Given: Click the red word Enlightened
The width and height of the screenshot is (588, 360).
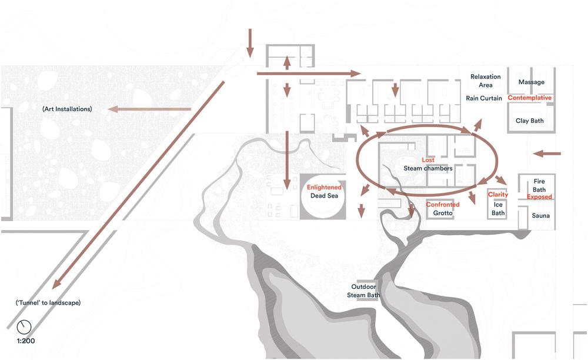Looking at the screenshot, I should [324, 188].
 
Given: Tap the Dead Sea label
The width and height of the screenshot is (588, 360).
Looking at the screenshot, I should [324, 196].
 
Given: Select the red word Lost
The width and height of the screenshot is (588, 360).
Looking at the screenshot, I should [428, 160].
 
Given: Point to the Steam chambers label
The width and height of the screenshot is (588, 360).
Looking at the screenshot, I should [428, 168].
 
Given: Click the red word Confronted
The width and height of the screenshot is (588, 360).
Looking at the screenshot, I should [443, 205].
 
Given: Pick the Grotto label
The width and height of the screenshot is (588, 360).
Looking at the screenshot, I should [442, 213].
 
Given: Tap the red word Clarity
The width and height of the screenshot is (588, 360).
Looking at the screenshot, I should [498, 195].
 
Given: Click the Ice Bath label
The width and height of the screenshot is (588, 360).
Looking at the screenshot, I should [498, 209].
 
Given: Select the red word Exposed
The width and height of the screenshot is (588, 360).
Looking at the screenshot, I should [539, 197].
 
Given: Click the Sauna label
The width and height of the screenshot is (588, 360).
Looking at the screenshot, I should [541, 216].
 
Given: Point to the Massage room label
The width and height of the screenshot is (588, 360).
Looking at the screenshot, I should [531, 82].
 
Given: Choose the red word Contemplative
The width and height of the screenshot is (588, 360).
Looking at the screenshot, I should [530, 98].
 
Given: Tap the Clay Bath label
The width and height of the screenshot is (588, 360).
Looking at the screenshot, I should [530, 121].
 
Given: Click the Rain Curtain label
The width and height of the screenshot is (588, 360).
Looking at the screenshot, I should [484, 98].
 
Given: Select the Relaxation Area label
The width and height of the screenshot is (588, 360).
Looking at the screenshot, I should [485, 81].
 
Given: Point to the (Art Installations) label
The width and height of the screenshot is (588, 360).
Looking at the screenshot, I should [67, 109].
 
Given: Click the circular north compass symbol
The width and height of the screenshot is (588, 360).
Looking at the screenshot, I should [24, 326].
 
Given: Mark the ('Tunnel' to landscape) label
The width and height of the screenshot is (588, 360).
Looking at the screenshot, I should [48, 303].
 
